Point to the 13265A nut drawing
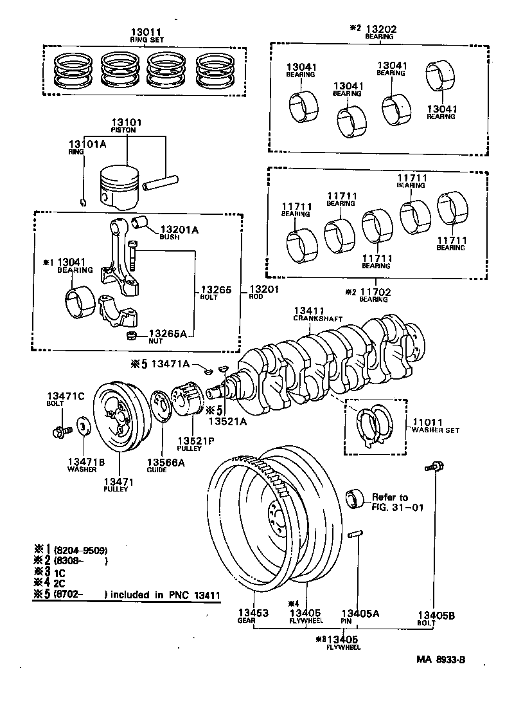[x=130, y=336]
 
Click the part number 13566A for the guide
[x=165, y=462]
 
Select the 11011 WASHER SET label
[x=435, y=425]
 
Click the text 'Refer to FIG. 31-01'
[x=389, y=502]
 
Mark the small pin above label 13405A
[x=358, y=535]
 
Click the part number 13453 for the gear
[x=255, y=614]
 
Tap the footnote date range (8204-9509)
[x=80, y=551]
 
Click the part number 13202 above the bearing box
[x=381, y=29]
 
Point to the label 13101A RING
[x=84, y=148]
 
